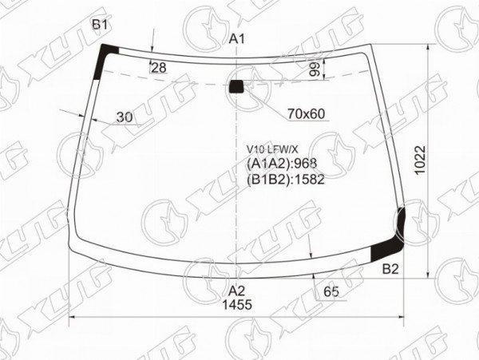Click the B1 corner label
(101, 25)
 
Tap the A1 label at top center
(237, 39)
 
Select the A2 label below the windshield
(237, 291)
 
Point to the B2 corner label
(390, 269)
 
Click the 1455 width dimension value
(237, 304)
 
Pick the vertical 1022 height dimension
(420, 160)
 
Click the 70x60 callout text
(306, 114)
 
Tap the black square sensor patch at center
(236, 86)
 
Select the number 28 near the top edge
(159, 68)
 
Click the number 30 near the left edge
(125, 117)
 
